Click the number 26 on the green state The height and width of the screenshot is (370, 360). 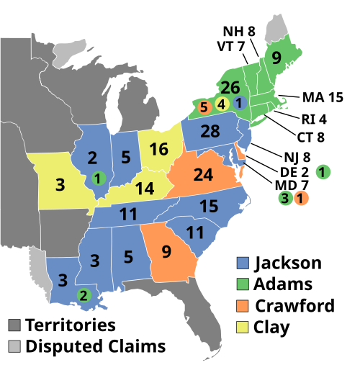point(230,88)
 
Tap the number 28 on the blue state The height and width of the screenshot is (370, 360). point(210,132)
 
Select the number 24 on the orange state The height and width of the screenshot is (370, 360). point(204,175)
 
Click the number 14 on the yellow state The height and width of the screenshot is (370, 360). point(144,189)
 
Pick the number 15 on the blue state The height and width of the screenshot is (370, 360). point(208,207)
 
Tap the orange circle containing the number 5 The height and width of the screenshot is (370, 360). point(204,108)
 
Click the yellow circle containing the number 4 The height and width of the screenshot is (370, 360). point(222,104)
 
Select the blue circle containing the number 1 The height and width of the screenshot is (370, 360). point(239,103)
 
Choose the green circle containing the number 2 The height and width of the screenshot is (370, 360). point(84,294)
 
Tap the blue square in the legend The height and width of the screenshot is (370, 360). point(243,263)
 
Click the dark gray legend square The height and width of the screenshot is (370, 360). point(14,325)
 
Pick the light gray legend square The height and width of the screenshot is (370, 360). point(14,346)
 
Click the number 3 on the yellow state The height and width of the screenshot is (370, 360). point(60,185)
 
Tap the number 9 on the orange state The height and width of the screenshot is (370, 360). point(166,252)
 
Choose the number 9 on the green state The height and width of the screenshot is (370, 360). point(276,59)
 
